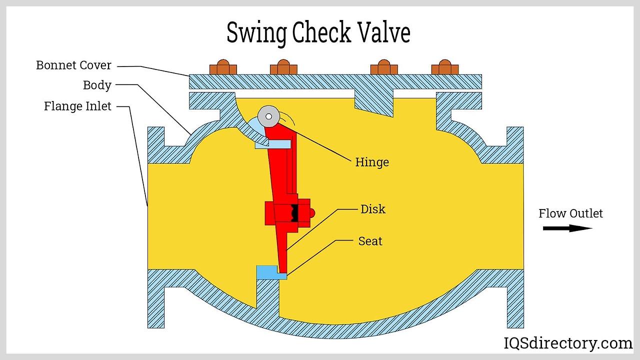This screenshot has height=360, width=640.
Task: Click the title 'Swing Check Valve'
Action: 318,33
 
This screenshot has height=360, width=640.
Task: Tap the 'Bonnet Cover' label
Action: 73,65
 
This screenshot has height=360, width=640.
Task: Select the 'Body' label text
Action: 97,85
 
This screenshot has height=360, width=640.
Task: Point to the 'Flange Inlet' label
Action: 77,106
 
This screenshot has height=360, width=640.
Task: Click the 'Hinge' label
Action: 371,162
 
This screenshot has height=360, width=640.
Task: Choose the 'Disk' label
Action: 373,208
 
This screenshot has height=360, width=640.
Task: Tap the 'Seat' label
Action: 370,241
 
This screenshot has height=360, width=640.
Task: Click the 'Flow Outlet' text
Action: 570,213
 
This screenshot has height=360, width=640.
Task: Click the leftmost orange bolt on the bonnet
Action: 222,67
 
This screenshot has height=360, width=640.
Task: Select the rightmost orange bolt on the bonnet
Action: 444,67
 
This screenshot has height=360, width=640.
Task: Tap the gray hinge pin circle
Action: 268,116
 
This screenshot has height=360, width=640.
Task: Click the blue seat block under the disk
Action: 270,272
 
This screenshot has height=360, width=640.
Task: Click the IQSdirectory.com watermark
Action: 567,343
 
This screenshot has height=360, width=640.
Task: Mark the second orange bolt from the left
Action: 283,67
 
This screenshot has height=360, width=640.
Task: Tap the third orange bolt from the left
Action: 383,67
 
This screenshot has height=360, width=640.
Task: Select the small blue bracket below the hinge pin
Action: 273,144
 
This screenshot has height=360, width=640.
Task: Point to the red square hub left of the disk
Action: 270,212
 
